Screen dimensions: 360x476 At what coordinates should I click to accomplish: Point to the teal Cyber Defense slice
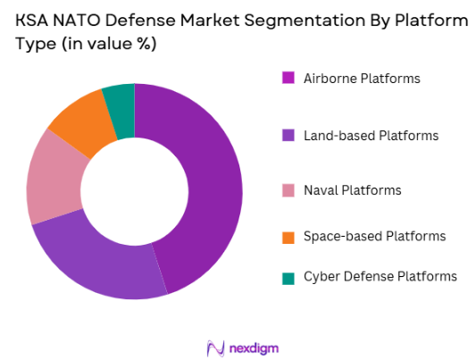(x=120, y=99)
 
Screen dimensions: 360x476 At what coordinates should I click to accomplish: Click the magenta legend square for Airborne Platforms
(x=288, y=79)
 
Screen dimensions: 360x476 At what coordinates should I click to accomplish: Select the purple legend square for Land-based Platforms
(x=288, y=136)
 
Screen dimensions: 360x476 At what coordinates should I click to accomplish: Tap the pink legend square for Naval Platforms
(x=288, y=190)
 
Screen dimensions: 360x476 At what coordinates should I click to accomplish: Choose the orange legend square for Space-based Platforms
(x=288, y=237)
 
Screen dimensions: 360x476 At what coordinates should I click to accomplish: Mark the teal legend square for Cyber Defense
(x=288, y=277)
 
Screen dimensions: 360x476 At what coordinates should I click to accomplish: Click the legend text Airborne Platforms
(x=362, y=79)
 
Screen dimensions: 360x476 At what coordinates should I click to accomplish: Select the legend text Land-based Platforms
(x=371, y=136)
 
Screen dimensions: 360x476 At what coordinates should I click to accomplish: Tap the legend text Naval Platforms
(x=352, y=190)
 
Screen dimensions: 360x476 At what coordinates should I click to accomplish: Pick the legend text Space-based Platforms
(x=374, y=237)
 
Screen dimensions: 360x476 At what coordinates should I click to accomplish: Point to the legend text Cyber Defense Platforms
(x=380, y=277)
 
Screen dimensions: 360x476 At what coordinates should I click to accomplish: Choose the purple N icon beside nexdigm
(x=214, y=347)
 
